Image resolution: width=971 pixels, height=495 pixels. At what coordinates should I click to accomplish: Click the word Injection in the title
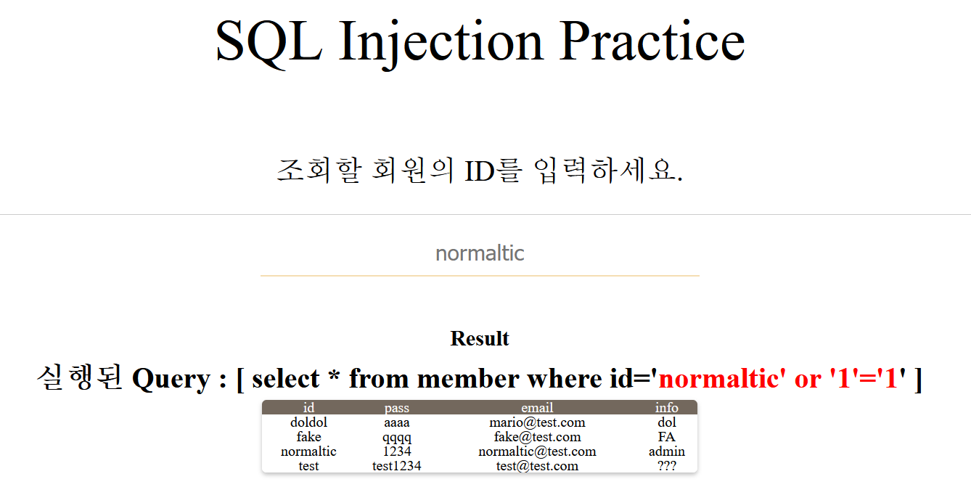pos(441,44)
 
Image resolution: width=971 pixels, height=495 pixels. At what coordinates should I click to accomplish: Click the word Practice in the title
pos(652,41)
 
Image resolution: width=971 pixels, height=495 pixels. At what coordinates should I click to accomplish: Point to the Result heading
pos(480,338)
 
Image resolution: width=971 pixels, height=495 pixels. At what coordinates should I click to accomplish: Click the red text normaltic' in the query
pos(722,378)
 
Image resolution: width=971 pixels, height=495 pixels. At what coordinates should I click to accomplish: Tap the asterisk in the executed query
pos(334,375)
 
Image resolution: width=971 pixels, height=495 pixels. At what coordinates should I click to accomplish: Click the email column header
pos(537,407)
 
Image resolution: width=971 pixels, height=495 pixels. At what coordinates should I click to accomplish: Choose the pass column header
pos(397,408)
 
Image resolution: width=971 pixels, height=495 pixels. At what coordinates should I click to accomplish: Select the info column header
pos(667,407)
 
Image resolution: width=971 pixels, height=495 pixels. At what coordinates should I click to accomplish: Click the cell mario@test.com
pos(537,422)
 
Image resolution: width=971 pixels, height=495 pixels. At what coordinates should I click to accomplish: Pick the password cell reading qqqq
pos(397,438)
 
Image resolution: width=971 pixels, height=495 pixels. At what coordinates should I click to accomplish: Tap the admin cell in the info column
pos(667,451)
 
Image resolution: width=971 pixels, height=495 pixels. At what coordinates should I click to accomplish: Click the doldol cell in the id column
pos(308,422)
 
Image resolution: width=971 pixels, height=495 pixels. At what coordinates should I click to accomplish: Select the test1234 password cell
pos(397,466)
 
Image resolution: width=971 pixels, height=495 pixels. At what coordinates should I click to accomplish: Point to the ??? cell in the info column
pos(667,466)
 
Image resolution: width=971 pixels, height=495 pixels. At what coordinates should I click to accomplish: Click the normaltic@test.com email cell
pos(537,451)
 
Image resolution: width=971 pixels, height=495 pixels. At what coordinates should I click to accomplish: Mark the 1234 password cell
pos(397,451)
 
